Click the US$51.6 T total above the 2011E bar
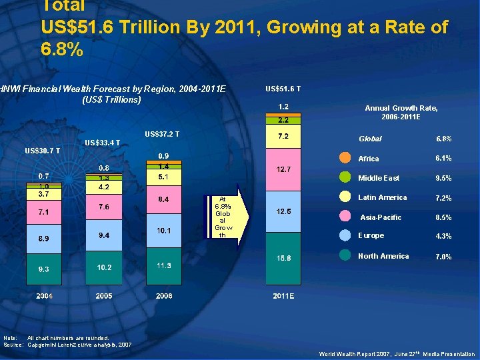pos(283,89)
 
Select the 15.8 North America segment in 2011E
pos(283,258)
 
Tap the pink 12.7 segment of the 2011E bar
pos(283,169)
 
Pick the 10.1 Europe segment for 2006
pos(164,231)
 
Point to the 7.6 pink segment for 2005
pos(104,207)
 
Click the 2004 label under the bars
pos(45,295)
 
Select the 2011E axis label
pos(283,295)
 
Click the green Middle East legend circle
pos(345,178)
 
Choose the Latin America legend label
pos(382,197)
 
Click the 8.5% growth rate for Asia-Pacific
pos(443,217)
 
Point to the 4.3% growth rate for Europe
pos(443,236)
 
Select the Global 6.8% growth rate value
pos(443,139)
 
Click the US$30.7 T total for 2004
pos(42,151)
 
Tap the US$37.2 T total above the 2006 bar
pos(162,135)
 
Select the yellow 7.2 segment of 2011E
pos(283,137)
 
